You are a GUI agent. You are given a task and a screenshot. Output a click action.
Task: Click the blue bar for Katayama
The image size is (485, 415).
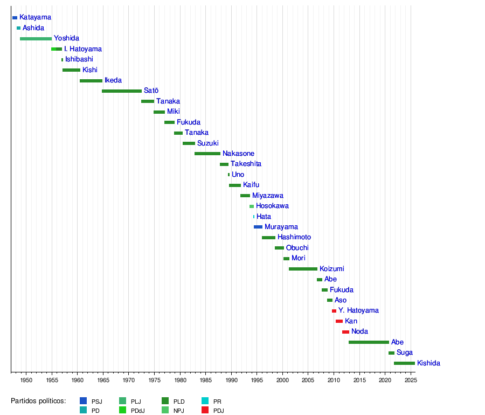point(15,18)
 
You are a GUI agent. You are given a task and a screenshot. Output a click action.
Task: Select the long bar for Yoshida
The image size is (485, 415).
point(36,39)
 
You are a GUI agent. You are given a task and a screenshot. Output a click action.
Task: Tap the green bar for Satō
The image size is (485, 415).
point(121,91)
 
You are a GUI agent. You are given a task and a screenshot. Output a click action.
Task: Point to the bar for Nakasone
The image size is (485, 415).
point(207,154)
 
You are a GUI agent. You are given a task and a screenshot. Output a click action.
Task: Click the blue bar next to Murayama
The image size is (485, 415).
point(258,227)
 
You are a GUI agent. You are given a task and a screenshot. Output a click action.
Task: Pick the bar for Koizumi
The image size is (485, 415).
point(303,269)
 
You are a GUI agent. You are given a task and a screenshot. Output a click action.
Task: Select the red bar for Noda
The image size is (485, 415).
point(345,332)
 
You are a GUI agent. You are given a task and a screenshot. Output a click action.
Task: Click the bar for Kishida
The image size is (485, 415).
point(404,363)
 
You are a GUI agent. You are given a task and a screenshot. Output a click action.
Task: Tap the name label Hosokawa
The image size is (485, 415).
point(272,206)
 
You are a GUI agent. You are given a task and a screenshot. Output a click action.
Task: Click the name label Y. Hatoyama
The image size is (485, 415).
point(358,310)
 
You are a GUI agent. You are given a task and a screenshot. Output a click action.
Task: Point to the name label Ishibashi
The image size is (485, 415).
point(79,59)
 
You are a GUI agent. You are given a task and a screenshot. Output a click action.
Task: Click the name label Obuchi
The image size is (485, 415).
point(297,248)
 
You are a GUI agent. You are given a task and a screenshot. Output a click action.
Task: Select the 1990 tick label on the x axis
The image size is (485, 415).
point(231,381)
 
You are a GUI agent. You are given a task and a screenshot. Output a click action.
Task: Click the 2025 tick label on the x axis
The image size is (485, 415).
point(410,381)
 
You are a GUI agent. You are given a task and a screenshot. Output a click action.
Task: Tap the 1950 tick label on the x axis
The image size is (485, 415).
point(26,381)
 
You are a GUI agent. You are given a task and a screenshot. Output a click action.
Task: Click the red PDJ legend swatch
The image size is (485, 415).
point(205,411)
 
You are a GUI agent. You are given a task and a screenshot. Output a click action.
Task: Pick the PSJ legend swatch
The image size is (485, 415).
point(83,402)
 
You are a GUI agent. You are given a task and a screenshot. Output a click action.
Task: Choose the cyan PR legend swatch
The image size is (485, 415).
point(205,402)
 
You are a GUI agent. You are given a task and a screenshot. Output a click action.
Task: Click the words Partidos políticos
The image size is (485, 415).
point(38,401)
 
